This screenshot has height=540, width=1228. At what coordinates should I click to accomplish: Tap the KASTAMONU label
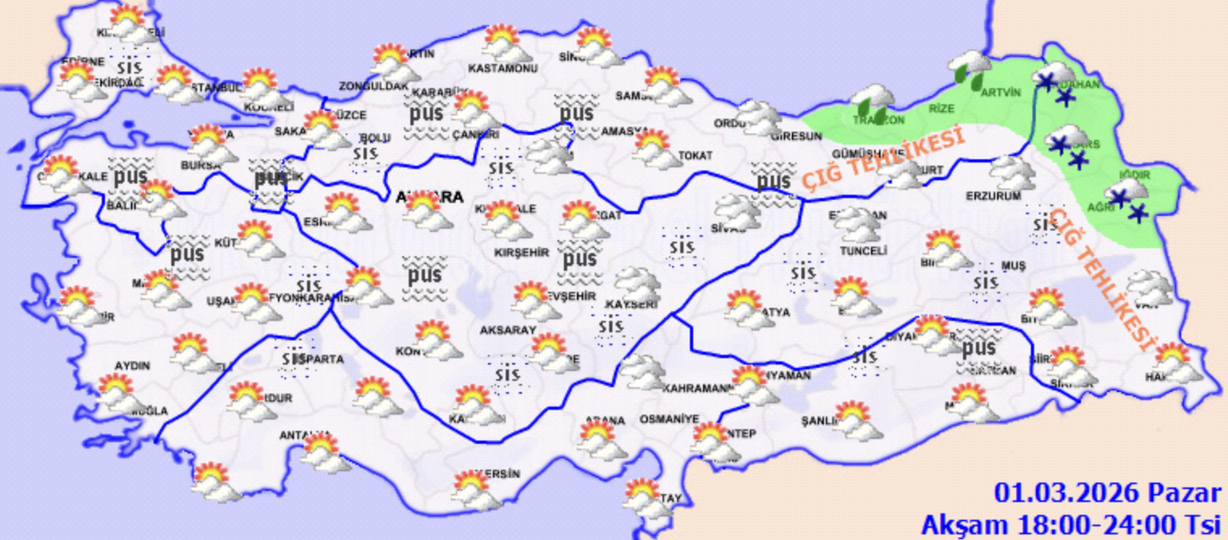click(x=503, y=69)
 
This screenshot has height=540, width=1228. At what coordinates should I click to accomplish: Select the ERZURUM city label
click(x=993, y=196)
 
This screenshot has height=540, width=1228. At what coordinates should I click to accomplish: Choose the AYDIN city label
click(x=132, y=365)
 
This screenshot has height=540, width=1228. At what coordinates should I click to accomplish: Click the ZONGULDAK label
click(x=373, y=86)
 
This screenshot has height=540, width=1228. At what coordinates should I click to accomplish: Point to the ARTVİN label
click(x=1001, y=92)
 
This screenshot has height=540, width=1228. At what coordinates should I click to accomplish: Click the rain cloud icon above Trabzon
click(x=872, y=101)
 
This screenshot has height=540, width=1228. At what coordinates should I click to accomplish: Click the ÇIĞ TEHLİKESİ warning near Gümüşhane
click(x=882, y=160)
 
